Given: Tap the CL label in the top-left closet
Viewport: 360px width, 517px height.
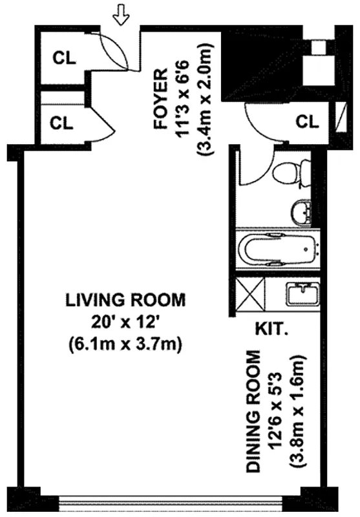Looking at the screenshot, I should tap(64, 57).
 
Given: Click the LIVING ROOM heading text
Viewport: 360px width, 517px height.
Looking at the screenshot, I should tap(125, 300).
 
